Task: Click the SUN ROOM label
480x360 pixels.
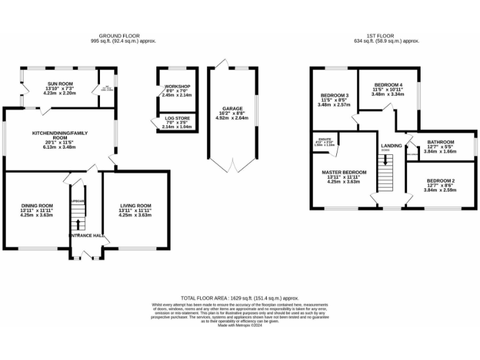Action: [60, 83]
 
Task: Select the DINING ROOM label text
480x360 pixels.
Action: [36, 206]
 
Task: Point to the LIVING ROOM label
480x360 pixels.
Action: [135, 206]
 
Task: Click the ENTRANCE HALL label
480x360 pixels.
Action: [86, 236]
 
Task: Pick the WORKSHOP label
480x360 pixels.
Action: [177, 86]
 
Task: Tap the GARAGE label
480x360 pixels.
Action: [232, 109]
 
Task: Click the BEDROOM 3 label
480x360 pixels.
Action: [334, 95]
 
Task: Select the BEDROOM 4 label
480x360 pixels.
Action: [388, 84]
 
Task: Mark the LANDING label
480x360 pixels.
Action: [391, 145]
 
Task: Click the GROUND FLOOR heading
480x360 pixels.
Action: [119, 36]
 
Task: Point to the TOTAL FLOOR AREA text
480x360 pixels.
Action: [239, 299]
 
